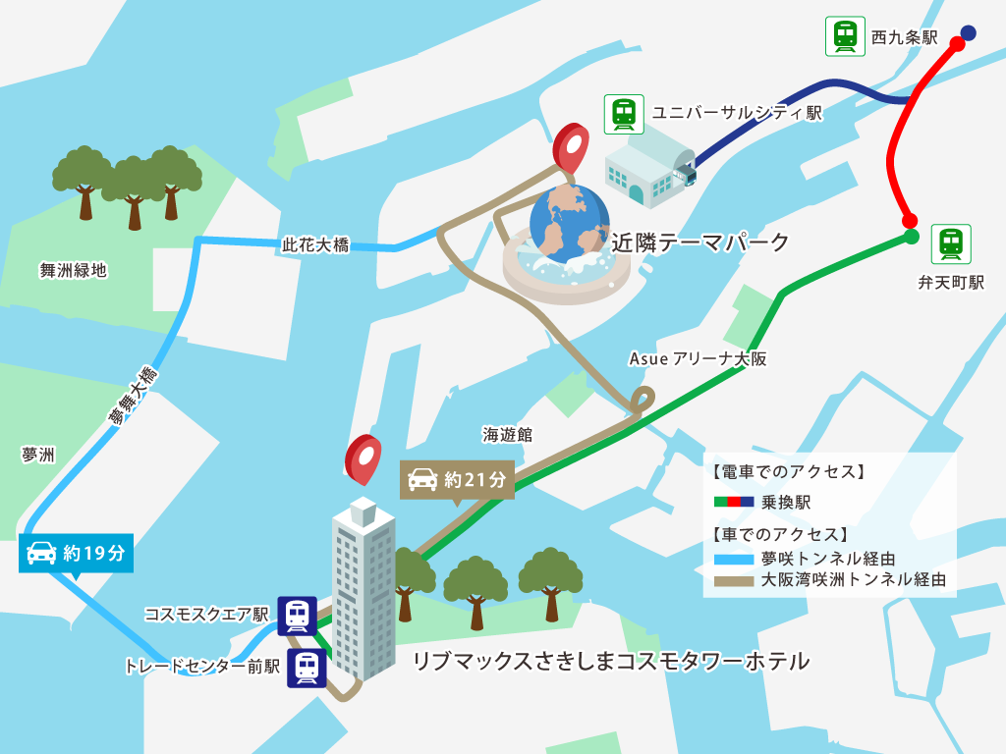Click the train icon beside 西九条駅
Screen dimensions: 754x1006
[x=846, y=36]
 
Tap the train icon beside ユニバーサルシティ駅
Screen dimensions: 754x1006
[x=624, y=114]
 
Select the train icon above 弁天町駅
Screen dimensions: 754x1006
[x=950, y=243]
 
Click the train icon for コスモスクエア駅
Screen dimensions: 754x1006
[x=297, y=616]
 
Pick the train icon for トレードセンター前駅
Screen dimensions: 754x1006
[x=307, y=668]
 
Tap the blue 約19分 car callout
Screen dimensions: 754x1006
[x=76, y=554]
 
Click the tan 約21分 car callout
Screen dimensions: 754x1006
[x=457, y=479]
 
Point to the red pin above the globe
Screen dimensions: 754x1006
[x=570, y=148]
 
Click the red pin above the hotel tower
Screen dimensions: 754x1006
[x=363, y=458]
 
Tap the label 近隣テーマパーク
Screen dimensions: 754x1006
[x=700, y=242]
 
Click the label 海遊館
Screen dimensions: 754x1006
[x=507, y=434]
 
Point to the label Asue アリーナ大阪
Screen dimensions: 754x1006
[x=698, y=359]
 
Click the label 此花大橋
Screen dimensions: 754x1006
[x=315, y=245]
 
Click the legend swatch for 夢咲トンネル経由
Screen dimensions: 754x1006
[x=732, y=559]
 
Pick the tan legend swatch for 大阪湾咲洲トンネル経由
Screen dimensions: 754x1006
[x=732, y=580]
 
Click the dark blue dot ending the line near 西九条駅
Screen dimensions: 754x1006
[x=968, y=33]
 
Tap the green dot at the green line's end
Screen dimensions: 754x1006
[x=911, y=237]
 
